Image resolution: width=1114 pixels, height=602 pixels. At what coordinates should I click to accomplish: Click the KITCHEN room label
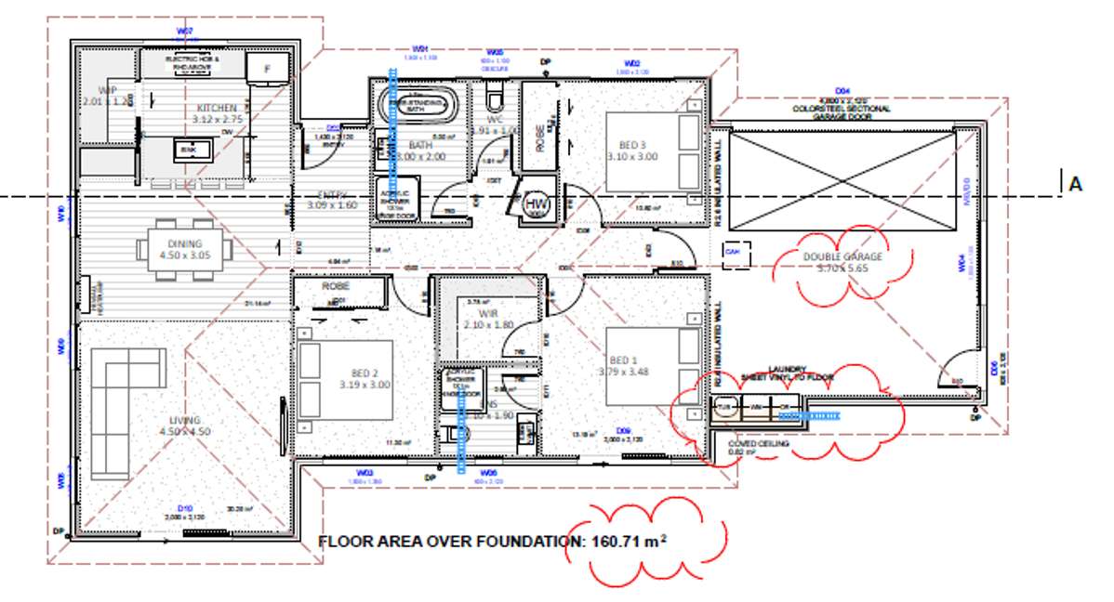[190, 109]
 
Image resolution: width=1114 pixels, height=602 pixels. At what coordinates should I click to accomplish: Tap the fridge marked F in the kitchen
[268, 68]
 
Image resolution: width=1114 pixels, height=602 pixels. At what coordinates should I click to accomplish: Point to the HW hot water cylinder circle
[536, 203]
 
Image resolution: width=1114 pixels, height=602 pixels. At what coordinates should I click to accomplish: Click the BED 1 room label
[625, 360]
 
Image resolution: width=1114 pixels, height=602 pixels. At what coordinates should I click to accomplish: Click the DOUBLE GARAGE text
[841, 257]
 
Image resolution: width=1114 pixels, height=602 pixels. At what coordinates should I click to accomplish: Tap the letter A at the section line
[1076, 185]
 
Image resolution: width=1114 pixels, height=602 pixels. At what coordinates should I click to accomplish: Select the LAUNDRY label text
[787, 369]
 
